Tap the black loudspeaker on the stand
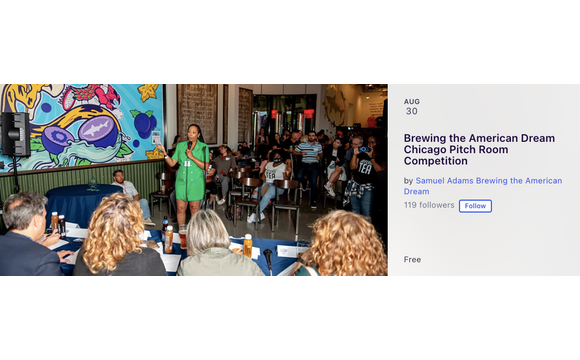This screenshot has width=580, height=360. [14, 134]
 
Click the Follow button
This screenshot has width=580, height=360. [475, 206]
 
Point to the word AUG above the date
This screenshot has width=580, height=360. [412, 101]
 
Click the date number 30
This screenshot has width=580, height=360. [411, 112]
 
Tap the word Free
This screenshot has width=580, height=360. [412, 260]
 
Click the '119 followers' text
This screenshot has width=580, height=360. [429, 205]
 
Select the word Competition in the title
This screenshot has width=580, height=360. [436, 160]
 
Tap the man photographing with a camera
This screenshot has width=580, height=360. [362, 165]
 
